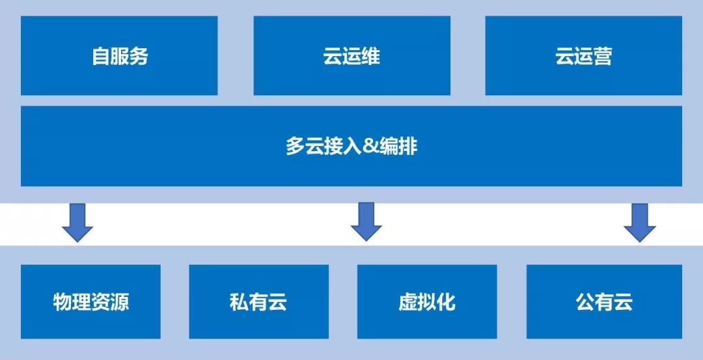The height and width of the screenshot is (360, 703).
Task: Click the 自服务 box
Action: tap(119, 56)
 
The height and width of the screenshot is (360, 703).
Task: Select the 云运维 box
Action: tap(351, 56)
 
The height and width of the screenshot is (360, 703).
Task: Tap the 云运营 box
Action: tap(583, 56)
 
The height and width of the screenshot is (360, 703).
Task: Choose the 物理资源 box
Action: tap(90, 301)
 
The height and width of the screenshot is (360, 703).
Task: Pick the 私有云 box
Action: tap(258, 301)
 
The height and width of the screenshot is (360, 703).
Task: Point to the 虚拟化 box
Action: tap(427, 301)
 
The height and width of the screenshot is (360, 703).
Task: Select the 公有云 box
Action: tap(604, 301)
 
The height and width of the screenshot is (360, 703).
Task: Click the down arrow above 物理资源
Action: tap(77, 223)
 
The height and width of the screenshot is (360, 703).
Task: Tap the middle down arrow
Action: tap(366, 223)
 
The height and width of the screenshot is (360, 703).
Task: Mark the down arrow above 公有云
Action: tap(640, 223)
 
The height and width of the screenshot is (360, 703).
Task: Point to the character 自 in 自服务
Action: tap(100, 56)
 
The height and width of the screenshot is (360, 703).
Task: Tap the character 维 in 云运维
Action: tap(370, 56)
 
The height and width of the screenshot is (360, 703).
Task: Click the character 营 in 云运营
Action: tap(603, 56)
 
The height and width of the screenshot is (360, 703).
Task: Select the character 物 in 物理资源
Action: tap(62, 302)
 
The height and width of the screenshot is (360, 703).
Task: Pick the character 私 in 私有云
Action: tap(240, 302)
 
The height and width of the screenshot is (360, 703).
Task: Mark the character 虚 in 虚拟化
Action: tap(408, 302)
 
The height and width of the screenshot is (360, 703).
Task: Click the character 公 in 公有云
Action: tap(585, 302)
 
